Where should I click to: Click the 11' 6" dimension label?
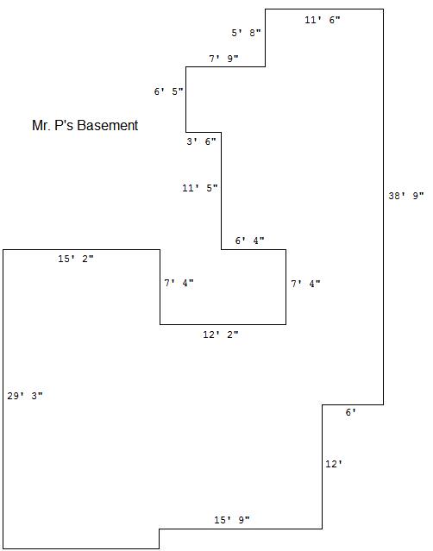click(323, 20)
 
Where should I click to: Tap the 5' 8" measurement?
click(246, 33)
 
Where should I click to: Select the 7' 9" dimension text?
click(223, 59)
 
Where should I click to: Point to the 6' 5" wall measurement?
click(169, 91)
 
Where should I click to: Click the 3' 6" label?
click(201, 141)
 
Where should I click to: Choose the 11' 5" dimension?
click(200, 188)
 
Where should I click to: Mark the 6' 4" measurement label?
click(249, 241)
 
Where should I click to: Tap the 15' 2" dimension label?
click(76, 259)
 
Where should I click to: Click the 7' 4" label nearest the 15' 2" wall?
click(179, 283)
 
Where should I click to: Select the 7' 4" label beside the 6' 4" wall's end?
click(305, 283)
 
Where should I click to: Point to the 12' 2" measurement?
click(221, 335)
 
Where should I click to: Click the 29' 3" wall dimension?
click(25, 396)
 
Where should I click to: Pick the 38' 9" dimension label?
click(406, 196)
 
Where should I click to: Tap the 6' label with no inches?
click(351, 412)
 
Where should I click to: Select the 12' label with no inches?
click(334, 464)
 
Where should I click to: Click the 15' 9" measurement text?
click(232, 520)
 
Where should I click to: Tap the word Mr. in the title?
click(41, 125)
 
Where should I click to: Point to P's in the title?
click(64, 125)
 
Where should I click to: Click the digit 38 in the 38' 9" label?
click(394, 196)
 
